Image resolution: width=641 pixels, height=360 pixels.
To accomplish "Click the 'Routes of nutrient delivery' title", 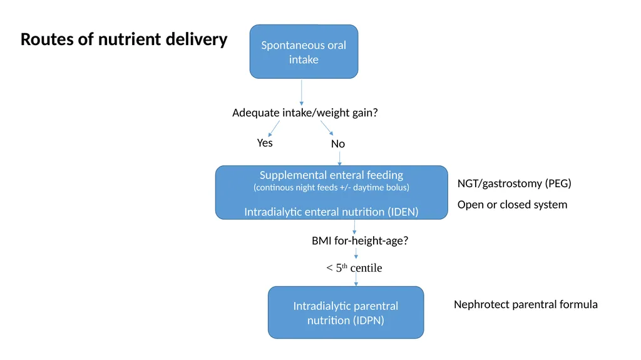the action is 124,39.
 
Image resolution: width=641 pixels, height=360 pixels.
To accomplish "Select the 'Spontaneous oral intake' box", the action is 304,51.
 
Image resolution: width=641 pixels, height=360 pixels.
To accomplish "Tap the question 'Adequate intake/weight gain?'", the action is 305,113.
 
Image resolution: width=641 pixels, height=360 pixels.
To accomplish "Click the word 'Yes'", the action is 265,143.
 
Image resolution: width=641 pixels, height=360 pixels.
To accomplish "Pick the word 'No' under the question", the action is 338,144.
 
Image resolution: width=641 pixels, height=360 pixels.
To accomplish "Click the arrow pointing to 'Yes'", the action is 274,128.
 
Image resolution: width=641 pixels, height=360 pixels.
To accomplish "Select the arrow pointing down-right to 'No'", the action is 327,128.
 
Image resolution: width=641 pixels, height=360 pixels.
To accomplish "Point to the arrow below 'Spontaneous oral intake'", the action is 302,93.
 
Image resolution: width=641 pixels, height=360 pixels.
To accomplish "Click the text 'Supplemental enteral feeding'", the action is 332,175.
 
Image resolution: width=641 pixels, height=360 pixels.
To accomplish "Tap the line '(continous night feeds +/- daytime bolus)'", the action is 332,187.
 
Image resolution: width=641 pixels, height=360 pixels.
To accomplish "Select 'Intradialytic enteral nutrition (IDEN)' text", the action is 332,212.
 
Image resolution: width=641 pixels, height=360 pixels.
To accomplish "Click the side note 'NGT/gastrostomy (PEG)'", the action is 515,183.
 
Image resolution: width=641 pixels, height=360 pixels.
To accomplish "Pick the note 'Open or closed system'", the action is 512,205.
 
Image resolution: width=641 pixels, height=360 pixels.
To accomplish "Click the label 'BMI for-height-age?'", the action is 360,240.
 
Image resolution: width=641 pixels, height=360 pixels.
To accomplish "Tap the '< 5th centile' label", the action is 354,268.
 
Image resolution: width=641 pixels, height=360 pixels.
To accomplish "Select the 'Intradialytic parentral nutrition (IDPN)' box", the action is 346,312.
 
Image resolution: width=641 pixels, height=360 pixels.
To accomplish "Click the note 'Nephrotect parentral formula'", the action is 526,304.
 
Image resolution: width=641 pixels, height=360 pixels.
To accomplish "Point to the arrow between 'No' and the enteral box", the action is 340,158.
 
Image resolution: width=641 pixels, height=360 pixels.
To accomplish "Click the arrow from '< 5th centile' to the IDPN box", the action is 356,280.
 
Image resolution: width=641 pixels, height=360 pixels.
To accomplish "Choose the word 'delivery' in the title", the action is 197,39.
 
